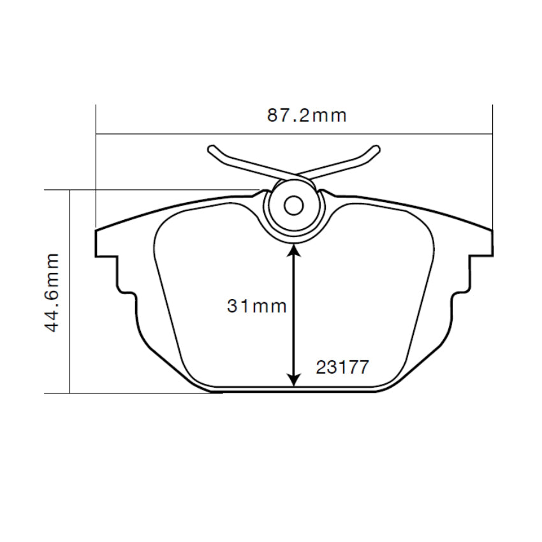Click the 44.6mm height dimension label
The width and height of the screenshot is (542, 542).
52,291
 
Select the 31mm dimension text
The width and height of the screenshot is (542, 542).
257,307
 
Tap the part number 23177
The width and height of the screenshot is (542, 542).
342,368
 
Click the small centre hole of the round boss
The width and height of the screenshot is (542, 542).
293,205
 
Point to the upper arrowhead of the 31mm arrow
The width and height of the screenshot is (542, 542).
293,251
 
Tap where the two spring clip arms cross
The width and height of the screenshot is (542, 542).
294,176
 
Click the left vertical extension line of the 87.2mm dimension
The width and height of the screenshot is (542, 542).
96,166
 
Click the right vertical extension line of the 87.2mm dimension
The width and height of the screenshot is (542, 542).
493,166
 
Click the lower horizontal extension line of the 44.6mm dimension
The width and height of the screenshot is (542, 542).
128,393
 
